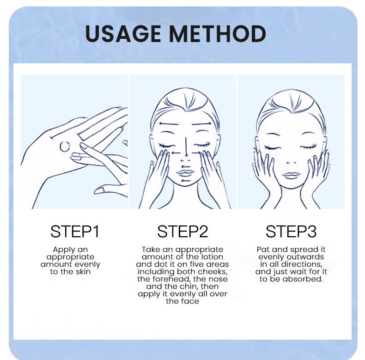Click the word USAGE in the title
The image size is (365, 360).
pyautogui.click(x=123, y=34)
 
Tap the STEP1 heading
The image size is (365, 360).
pyautogui.click(x=75, y=231)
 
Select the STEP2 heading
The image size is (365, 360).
pyautogui.click(x=182, y=231)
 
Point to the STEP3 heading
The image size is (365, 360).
pyautogui.click(x=291, y=231)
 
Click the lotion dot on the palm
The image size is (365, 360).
pyautogui.click(x=65, y=146)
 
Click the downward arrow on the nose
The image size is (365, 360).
pyautogui.click(x=186, y=146)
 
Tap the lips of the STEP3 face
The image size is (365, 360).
pyautogui.click(x=291, y=175)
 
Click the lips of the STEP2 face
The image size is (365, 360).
pyautogui.click(x=185, y=173)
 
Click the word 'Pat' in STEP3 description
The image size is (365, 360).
pyautogui.click(x=263, y=250)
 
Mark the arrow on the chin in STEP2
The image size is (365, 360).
pyautogui.click(x=186, y=181)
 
